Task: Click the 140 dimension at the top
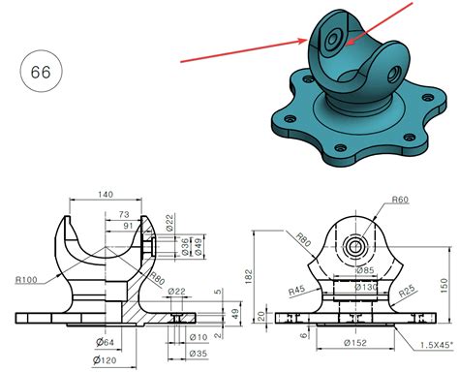tap(105, 195)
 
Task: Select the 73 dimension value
tap(123, 213)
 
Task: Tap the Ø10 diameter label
tap(198, 337)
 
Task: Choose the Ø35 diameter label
tap(198, 354)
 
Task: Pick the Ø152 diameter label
tap(357, 344)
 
